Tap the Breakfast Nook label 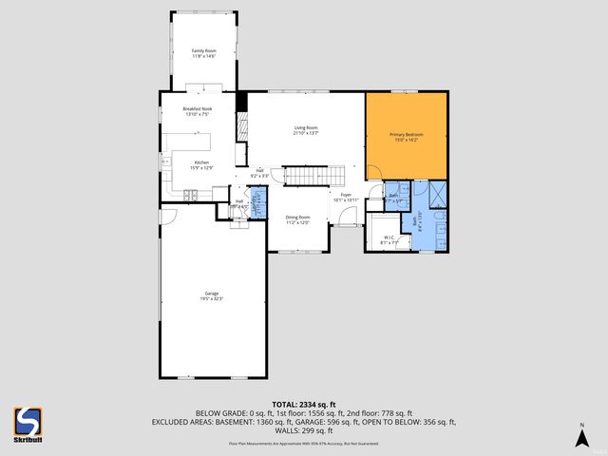196,113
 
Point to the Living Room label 304,130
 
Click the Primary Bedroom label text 406,137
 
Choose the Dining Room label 298,219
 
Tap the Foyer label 341,198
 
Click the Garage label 211,295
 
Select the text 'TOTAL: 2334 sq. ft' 304,405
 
